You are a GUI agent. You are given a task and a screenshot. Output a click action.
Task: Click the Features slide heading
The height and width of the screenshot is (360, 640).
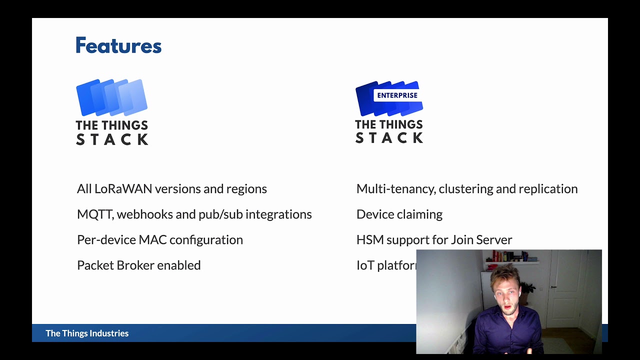118,45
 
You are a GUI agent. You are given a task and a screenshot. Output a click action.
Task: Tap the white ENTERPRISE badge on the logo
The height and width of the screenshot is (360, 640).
397,95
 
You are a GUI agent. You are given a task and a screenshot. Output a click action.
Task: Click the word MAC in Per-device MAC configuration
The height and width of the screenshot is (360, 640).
151,240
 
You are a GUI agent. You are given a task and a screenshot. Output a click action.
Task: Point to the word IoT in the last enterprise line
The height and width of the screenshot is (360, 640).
365,265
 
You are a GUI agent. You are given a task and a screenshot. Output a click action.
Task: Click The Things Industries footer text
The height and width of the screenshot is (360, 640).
87,333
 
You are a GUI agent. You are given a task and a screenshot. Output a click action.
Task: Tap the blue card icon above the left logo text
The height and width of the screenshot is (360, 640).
111,97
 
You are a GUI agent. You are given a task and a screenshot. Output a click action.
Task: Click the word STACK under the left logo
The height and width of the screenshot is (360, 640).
112,139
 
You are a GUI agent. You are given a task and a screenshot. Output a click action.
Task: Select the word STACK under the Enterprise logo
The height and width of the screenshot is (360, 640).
389,137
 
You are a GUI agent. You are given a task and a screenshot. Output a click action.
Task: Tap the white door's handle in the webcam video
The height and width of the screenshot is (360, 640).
553,287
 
